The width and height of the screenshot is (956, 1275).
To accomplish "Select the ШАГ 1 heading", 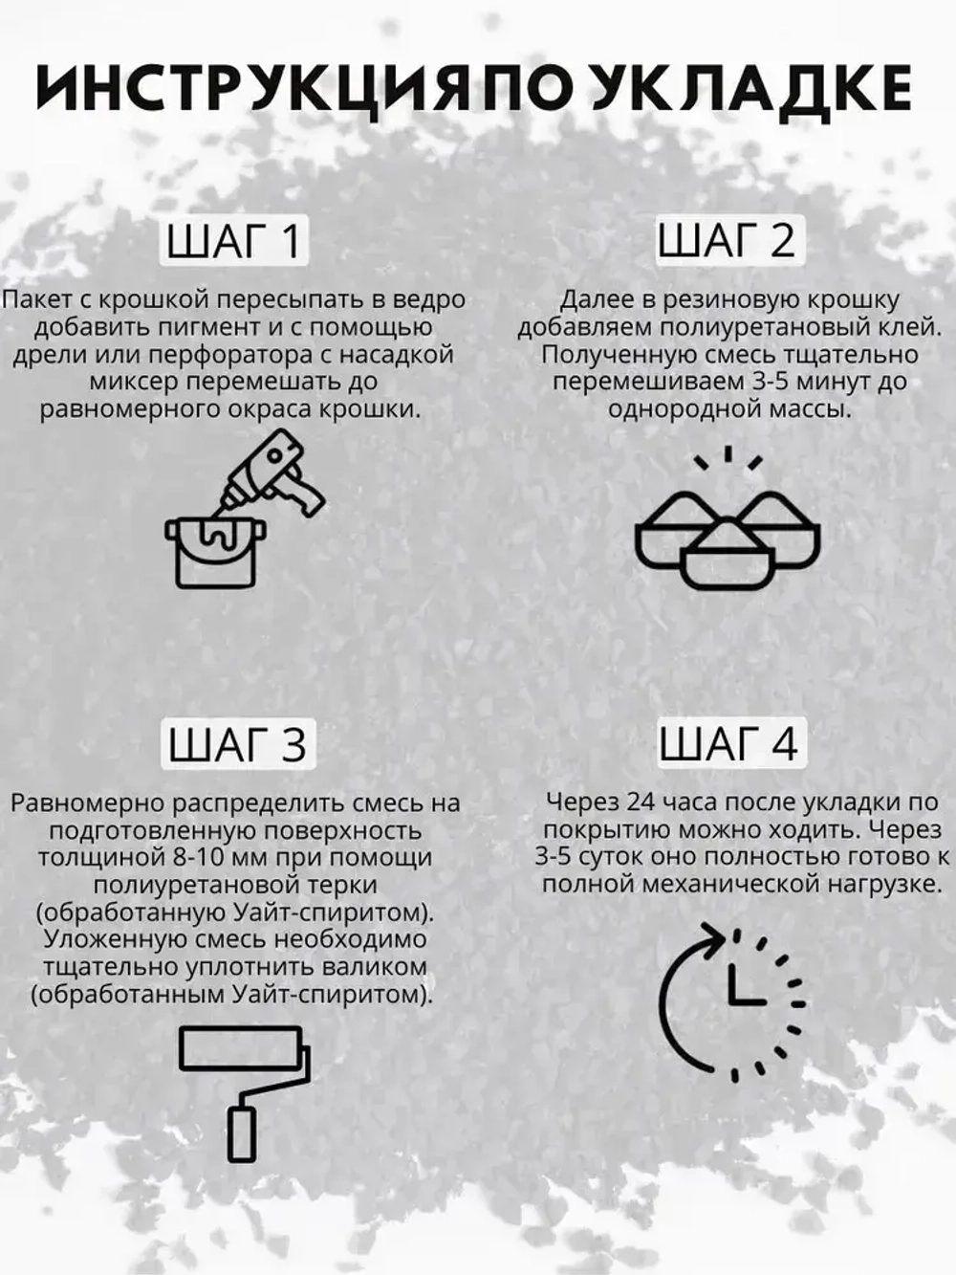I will (x=235, y=240).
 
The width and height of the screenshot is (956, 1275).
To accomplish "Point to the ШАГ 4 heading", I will (x=728, y=743).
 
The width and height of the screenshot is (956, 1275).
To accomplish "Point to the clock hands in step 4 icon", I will (x=741, y=985).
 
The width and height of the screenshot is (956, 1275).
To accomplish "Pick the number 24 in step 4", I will (x=629, y=802).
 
